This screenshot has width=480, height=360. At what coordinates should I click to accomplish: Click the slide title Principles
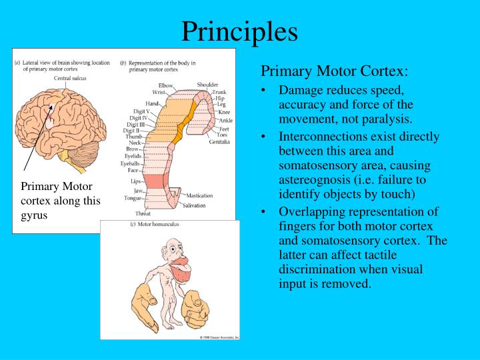tap(240, 31)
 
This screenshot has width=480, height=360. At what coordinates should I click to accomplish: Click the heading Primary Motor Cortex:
tap(334, 71)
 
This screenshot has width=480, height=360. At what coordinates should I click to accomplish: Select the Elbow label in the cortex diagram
tap(166, 86)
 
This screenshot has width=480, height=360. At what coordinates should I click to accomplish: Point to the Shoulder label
tap(207, 85)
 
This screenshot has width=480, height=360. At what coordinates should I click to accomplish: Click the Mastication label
tap(199, 195)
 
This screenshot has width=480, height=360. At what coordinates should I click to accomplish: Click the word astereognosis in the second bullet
tap(313, 179)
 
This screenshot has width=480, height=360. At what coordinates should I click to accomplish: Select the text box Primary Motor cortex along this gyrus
tap(60, 201)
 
